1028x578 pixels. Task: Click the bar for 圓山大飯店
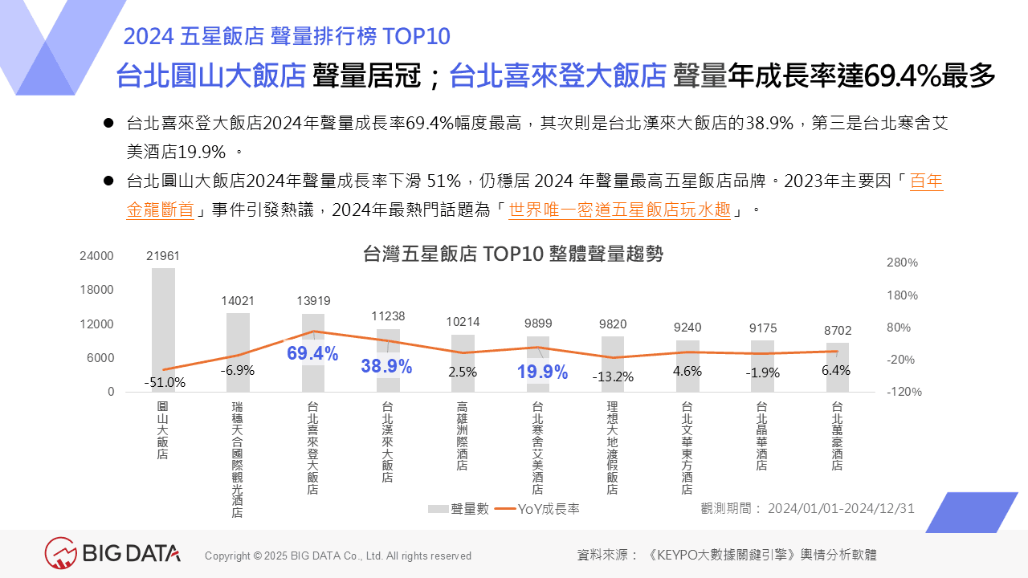pos(163,321)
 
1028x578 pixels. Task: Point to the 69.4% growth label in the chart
pos(312,353)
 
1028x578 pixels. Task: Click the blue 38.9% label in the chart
pos(386,367)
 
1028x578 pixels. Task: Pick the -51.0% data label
pos(165,383)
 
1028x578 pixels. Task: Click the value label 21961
pos(163,256)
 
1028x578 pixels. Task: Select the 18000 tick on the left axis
pos(97,290)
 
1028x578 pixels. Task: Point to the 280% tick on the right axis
pos(902,263)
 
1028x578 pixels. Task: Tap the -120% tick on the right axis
pos(904,392)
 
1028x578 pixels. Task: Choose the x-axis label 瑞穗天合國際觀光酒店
pos(237,459)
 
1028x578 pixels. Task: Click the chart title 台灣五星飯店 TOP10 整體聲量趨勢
pos(514,254)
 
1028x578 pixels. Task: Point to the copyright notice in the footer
pos(338,556)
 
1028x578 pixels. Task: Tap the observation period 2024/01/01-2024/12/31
pos(841,508)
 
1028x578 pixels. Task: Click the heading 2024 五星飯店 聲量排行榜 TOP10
pos(287,36)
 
